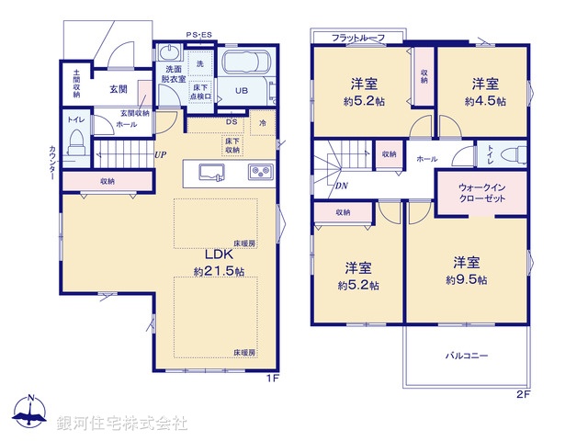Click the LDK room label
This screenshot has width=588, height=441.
(x=218, y=253)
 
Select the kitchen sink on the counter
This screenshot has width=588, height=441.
(x=209, y=171)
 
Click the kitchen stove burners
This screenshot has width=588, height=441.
(x=257, y=171)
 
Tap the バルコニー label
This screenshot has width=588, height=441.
(x=468, y=355)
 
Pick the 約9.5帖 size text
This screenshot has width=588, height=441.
(x=467, y=279)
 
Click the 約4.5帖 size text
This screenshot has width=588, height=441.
(x=484, y=101)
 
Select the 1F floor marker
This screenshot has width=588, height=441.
(x=272, y=378)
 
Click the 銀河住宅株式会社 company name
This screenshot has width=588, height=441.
(x=121, y=424)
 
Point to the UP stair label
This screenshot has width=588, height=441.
(x=161, y=154)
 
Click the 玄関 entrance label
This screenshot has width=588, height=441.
(x=119, y=89)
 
